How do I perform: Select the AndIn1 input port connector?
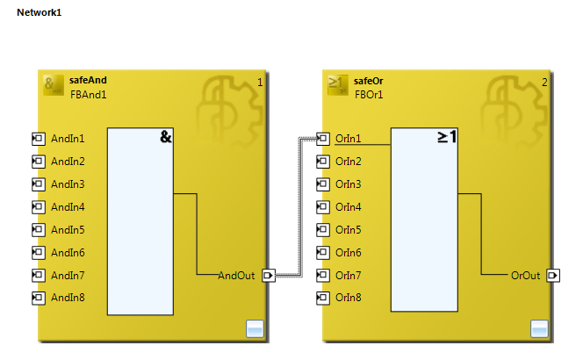coord(38,139)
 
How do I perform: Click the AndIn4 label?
coord(68,207)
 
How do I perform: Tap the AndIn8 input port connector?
coord(38,298)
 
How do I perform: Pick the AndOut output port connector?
coord(268,276)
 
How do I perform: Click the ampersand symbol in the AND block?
coord(165,137)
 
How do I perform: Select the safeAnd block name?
coord(88,81)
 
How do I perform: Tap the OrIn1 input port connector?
coord(322,139)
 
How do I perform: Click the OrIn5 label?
coord(349,230)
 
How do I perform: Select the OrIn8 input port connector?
coord(322,298)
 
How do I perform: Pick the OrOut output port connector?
coord(552,276)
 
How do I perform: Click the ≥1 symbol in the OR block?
coord(447,137)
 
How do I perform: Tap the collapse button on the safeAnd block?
coord(255,329)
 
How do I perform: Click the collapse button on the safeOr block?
coord(539,329)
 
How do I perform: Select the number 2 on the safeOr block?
coord(544,83)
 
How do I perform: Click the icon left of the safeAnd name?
coord(53,85)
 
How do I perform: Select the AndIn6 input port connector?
coord(38,253)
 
